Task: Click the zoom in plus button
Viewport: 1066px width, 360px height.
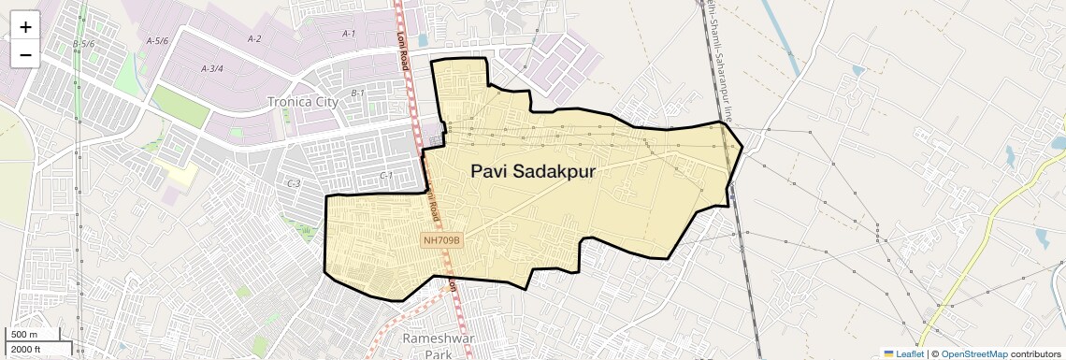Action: click(x=25, y=27)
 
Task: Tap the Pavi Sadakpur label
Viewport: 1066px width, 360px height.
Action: click(x=533, y=172)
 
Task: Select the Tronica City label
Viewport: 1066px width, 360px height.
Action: click(x=300, y=102)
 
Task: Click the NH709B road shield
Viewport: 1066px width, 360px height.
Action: click(x=442, y=240)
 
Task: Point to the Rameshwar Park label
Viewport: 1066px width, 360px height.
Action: click(x=426, y=345)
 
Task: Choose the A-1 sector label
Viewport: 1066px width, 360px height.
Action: click(x=349, y=34)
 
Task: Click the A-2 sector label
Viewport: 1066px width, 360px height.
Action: click(x=254, y=39)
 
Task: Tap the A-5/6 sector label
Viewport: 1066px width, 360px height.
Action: click(x=157, y=41)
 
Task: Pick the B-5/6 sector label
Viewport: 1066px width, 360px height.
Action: click(x=83, y=44)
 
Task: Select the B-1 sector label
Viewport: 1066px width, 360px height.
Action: click(x=357, y=94)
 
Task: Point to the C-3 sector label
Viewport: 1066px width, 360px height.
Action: click(x=293, y=184)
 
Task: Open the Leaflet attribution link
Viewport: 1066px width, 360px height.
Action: click(x=903, y=353)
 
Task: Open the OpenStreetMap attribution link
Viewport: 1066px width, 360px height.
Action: click(x=973, y=353)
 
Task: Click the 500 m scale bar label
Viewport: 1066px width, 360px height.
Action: click(x=25, y=335)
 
